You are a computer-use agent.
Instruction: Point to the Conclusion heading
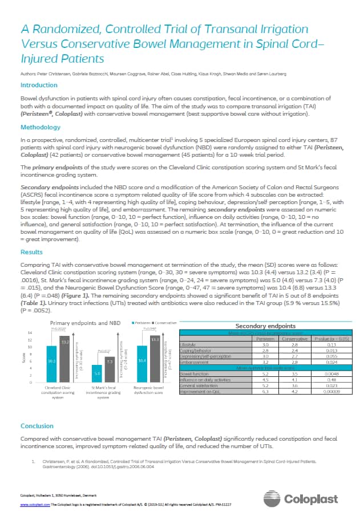pos(37,425)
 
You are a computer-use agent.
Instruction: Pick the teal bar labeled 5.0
pos(98,374)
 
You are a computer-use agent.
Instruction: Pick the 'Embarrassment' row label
pos(195,361)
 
